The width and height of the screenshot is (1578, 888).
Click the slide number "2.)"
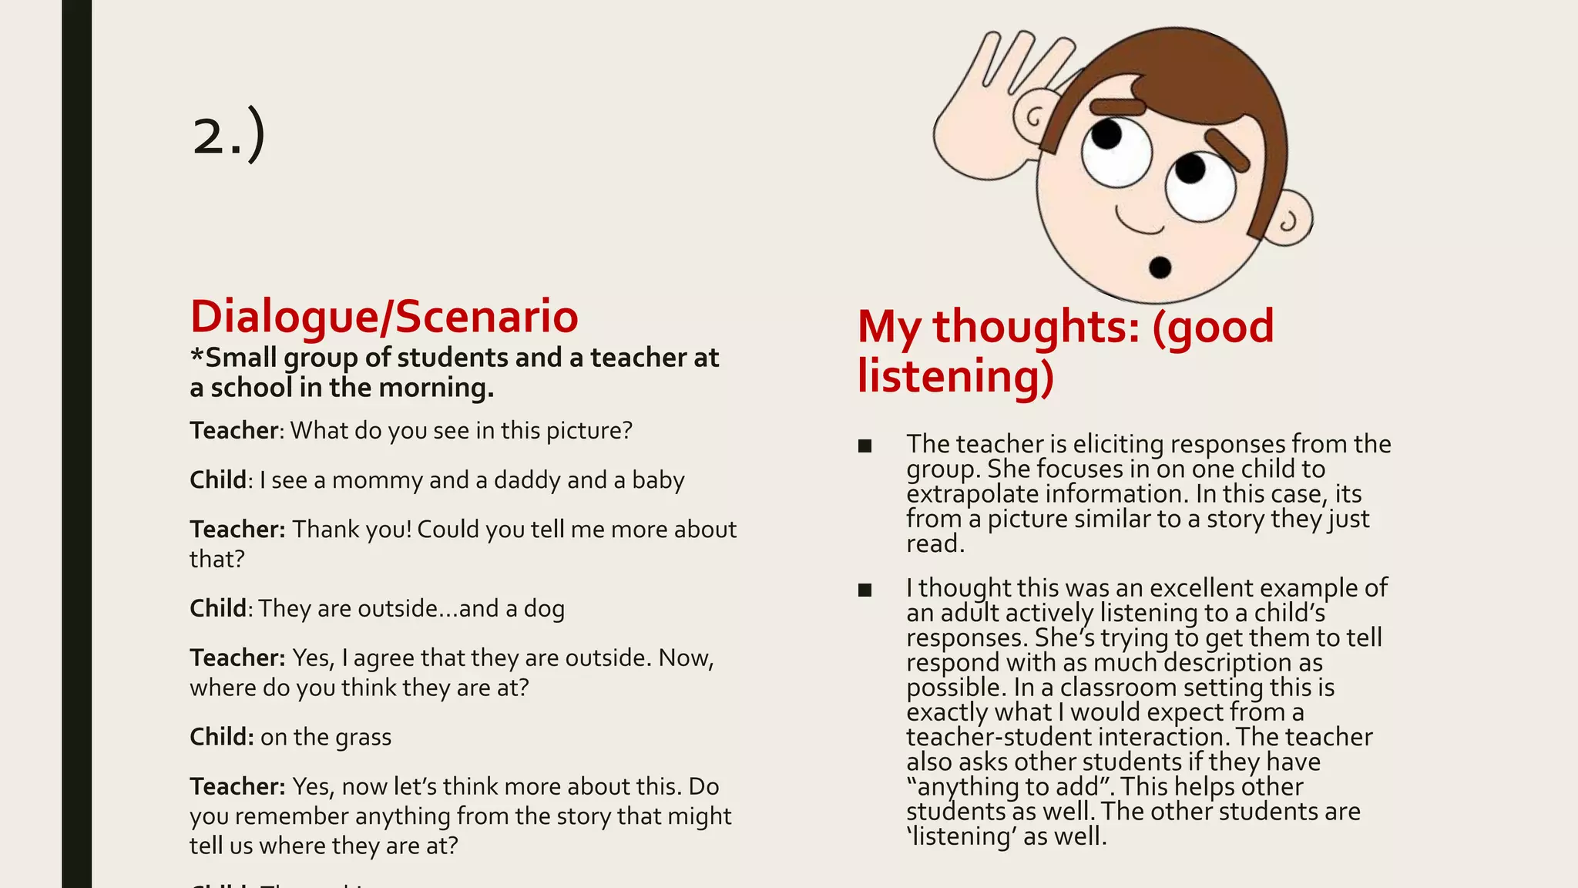[229, 134]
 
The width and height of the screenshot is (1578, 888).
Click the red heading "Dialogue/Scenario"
[384, 316]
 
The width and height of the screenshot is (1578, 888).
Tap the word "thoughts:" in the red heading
[1036, 326]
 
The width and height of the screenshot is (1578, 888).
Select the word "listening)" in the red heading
[955, 376]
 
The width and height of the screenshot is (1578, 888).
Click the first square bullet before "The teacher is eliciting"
[865, 446]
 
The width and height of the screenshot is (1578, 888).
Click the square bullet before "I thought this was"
[865, 590]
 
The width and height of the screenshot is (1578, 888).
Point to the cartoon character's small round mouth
[1160, 267]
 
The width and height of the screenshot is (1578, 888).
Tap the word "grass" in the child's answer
[363, 737]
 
